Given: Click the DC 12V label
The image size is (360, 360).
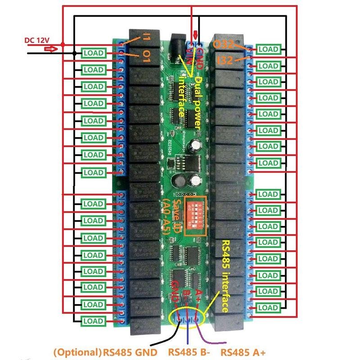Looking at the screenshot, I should pos(37,40).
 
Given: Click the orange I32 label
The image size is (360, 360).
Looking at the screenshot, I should pos(225,60).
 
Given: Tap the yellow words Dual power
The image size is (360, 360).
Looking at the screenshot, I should pos(198,102).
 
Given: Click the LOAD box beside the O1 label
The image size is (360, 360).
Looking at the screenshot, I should pos(94,53).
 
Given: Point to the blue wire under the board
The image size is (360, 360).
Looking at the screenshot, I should pos(188,337).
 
